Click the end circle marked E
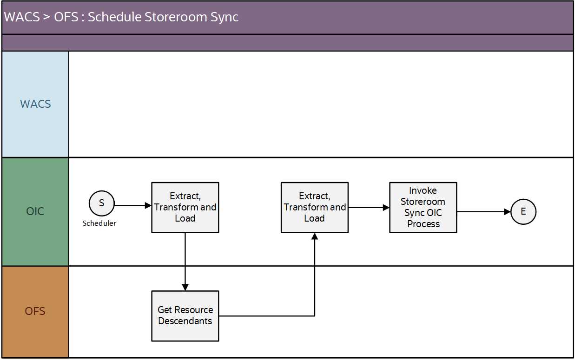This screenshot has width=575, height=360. pos(523,212)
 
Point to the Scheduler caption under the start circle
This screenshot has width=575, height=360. pos(99,223)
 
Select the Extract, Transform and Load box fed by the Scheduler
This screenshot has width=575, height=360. pos(185,207)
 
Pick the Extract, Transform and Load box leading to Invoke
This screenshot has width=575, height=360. pos(314,207)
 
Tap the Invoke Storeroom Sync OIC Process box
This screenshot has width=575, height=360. pos(423,207)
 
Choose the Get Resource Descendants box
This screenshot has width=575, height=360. pos(185,316)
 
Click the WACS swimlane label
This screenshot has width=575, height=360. pos(35,104)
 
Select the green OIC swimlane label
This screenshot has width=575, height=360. pos(35,211)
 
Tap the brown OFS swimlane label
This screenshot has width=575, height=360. pos(35,311)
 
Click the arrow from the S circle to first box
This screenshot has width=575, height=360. pos(133,205)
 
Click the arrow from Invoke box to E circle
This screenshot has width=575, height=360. pos(483,212)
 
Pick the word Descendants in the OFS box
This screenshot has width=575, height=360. pos(185,321)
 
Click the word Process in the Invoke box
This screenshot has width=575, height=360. pos(423,224)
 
